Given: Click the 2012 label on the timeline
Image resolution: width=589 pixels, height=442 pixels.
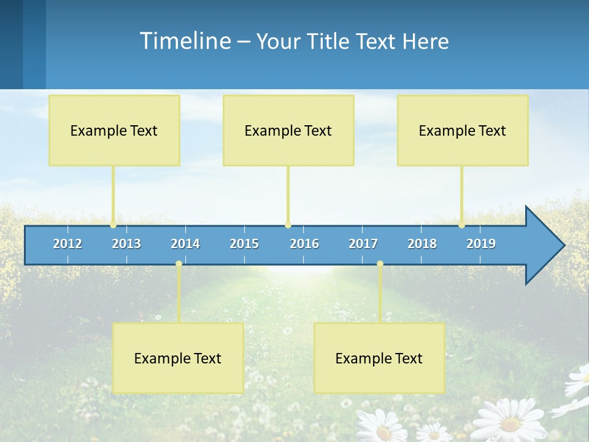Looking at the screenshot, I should click(x=67, y=244).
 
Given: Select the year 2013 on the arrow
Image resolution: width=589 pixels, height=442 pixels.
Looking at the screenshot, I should click(x=126, y=244).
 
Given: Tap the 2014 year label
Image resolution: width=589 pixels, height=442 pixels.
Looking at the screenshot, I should click(x=185, y=244).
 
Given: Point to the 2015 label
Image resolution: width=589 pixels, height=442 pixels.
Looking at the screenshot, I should click(x=244, y=244).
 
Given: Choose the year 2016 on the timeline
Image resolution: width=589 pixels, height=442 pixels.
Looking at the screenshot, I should click(x=304, y=244).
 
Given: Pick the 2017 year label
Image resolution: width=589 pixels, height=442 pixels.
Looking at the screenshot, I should click(x=363, y=244).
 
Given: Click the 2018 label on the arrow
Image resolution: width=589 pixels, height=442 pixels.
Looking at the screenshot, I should click(x=422, y=244).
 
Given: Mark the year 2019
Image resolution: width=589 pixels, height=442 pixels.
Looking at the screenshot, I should click(x=481, y=244).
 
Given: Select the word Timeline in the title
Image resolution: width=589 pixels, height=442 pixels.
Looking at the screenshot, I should click(x=185, y=41).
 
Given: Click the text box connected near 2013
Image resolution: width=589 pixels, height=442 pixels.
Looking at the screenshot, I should click(x=114, y=130).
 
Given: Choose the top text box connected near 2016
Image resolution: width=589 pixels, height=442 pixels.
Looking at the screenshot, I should click(x=288, y=130).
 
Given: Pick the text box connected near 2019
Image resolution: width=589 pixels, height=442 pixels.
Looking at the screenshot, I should click(x=463, y=130).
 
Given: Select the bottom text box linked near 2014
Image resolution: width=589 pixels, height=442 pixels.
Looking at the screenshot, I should click(x=178, y=358).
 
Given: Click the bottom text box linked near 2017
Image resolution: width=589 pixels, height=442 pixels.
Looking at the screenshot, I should click(x=379, y=358).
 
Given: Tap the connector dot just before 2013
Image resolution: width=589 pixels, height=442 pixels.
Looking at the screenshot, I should click(x=113, y=225).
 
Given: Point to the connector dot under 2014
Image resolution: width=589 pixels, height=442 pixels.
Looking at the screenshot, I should click(x=179, y=264).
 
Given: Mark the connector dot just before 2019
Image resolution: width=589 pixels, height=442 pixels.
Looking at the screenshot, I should click(x=461, y=225).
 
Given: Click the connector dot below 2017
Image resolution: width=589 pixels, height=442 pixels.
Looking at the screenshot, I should click(x=380, y=264).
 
